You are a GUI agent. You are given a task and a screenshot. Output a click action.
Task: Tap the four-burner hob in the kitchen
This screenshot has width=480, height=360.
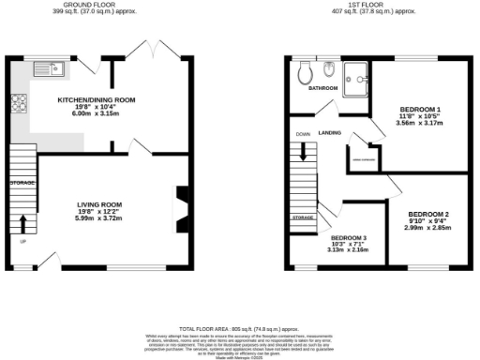point(19,104)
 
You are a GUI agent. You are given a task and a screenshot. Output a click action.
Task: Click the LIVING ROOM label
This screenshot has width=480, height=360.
point(99,203)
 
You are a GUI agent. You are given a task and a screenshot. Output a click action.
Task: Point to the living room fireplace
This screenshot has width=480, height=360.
point(182,203)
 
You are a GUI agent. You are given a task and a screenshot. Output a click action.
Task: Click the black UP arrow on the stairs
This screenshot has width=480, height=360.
point(23,223)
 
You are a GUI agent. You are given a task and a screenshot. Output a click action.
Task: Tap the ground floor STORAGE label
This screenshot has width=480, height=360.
point(22,182)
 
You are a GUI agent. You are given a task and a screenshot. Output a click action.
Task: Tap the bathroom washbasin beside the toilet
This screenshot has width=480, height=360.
point(328,72)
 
